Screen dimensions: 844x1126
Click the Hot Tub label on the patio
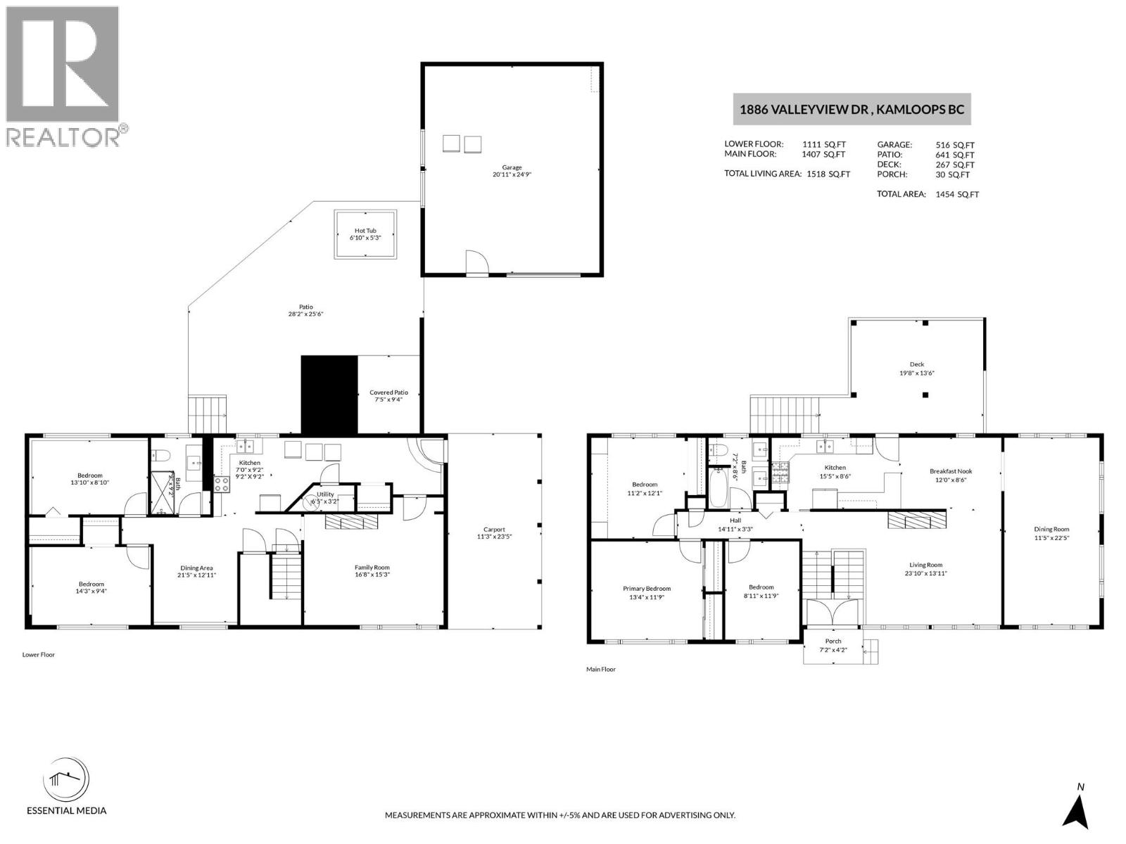365,231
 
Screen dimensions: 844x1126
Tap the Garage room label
512,167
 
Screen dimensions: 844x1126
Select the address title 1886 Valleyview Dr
852,110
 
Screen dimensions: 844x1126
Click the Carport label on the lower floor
494,530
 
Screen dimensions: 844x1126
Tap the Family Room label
372,568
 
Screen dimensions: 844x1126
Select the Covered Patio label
388,392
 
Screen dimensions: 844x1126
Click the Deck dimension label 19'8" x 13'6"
916,373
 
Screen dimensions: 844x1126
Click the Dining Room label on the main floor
1051,530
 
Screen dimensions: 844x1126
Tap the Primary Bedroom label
646,589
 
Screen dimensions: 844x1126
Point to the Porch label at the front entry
833,641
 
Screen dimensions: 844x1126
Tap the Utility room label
325,494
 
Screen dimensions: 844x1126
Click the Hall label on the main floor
735,520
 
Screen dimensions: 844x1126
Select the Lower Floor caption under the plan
39,655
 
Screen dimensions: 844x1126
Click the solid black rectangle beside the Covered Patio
329,394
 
